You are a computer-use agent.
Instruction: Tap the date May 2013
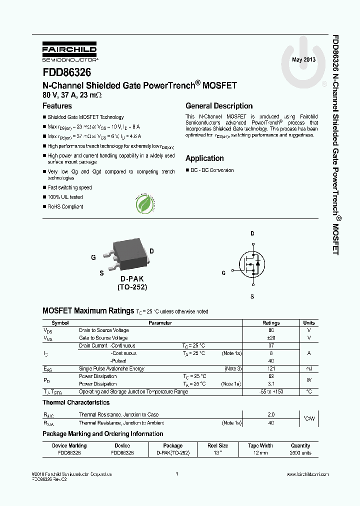[304, 60]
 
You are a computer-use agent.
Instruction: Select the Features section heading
[57, 106]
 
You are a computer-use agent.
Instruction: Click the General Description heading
[219, 106]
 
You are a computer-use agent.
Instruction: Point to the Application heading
[204, 158]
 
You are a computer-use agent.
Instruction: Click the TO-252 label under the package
[132, 287]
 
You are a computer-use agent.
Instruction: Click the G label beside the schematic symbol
[223, 273]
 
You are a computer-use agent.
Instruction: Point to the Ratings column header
[271, 323]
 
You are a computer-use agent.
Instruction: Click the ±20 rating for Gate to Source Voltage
[271, 338]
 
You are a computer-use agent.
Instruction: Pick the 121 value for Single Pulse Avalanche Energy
[271, 368]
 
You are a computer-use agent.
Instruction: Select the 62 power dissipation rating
[271, 376]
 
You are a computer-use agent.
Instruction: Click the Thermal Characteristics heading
[76, 402]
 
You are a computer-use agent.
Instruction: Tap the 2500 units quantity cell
[300, 453]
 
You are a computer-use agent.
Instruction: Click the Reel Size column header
[218, 445]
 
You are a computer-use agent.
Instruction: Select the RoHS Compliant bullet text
[65, 206]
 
